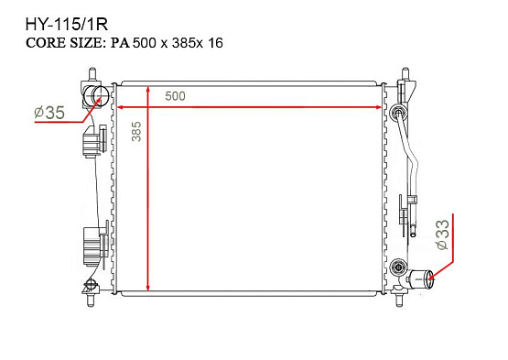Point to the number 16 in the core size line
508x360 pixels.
pos(216,42)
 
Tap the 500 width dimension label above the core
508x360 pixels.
pos(176,95)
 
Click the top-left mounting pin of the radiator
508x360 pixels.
pos(92,73)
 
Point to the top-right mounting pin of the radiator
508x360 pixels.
pos(404,72)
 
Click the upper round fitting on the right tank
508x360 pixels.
pos(397,114)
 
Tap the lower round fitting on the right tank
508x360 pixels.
pos(397,267)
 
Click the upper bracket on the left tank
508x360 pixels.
pos(92,143)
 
